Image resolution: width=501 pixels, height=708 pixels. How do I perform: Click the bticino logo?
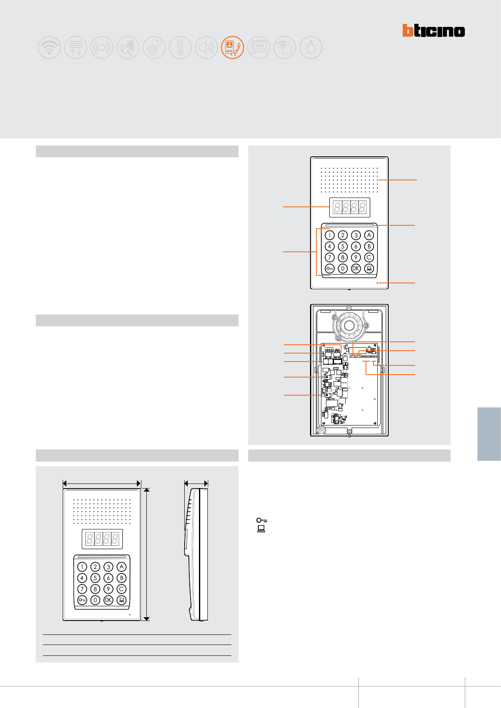[x=433, y=31]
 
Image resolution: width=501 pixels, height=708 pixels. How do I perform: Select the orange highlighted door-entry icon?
[x=232, y=47]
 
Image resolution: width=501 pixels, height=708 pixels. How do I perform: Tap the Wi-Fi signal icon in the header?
[x=50, y=47]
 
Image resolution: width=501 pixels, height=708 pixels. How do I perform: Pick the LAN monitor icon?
[x=259, y=47]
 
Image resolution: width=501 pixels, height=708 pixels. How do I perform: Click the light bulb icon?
[x=311, y=47]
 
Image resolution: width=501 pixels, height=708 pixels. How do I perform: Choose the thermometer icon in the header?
[x=180, y=47]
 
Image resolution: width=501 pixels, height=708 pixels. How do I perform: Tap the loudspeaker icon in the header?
[x=206, y=47]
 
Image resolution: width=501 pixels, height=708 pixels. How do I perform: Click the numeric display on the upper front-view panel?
[x=350, y=207]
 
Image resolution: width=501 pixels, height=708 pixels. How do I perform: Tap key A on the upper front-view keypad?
[x=369, y=235]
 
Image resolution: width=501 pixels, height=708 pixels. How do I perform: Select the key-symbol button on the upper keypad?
[x=330, y=268]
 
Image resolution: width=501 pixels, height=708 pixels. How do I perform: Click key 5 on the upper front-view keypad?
[x=343, y=246]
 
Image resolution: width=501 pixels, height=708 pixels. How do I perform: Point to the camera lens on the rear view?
[x=349, y=325]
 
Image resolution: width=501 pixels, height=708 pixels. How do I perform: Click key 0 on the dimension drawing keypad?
[x=95, y=600]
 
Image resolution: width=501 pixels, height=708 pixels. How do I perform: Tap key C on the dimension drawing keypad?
[x=121, y=589]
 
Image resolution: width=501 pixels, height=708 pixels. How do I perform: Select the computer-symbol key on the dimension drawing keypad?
[x=121, y=600]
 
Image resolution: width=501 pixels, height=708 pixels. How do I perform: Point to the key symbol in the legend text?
[x=262, y=520]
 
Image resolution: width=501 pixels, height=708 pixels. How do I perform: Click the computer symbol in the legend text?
[x=261, y=529]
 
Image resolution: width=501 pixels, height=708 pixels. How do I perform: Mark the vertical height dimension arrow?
[x=146, y=554]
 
